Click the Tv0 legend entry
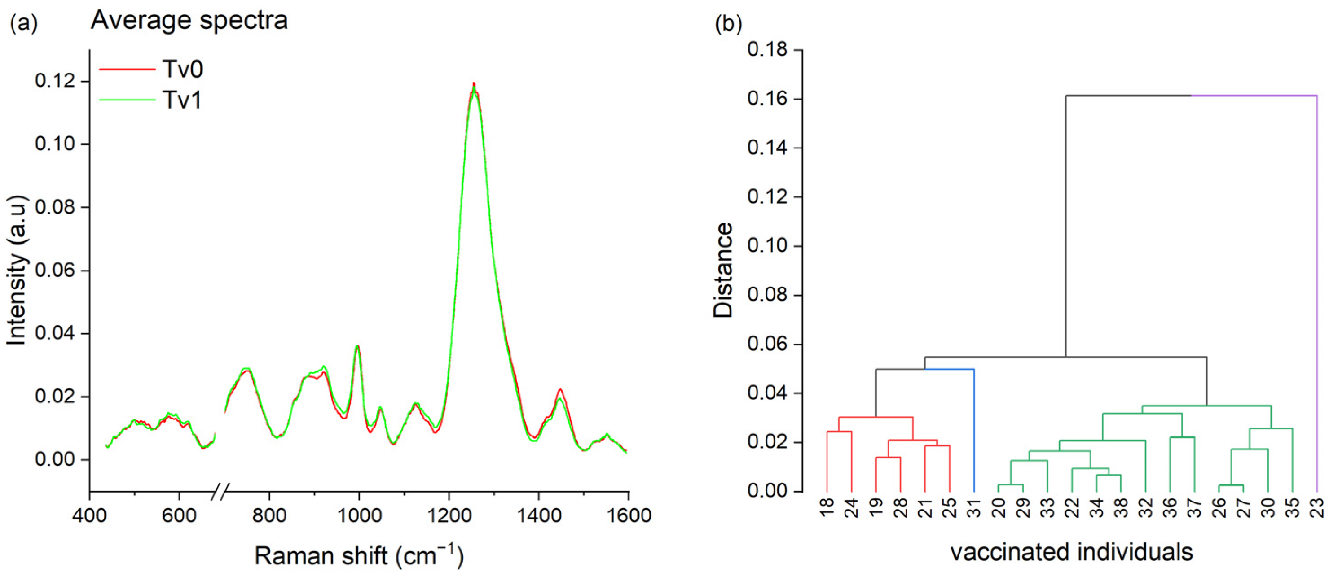[183, 69]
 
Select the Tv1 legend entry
[183, 100]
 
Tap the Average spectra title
[189, 21]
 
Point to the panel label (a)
[24, 24]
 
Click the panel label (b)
[728, 24]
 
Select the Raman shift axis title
[359, 556]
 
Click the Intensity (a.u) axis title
[17, 270]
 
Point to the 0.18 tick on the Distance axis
[768, 50]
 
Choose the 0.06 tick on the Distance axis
[768, 345]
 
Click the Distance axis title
[723, 270]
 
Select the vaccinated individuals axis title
[1072, 552]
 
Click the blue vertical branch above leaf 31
[973, 428]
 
